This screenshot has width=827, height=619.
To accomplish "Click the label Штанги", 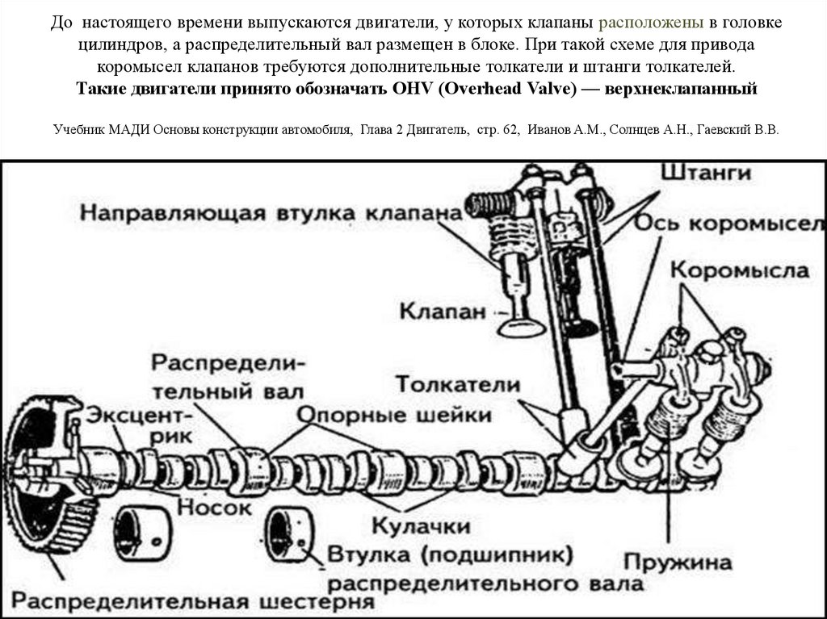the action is [706, 173].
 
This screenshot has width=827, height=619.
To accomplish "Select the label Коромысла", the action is [740, 270].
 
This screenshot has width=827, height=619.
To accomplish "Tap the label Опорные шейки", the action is [395, 416].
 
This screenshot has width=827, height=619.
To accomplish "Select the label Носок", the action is [214, 508].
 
